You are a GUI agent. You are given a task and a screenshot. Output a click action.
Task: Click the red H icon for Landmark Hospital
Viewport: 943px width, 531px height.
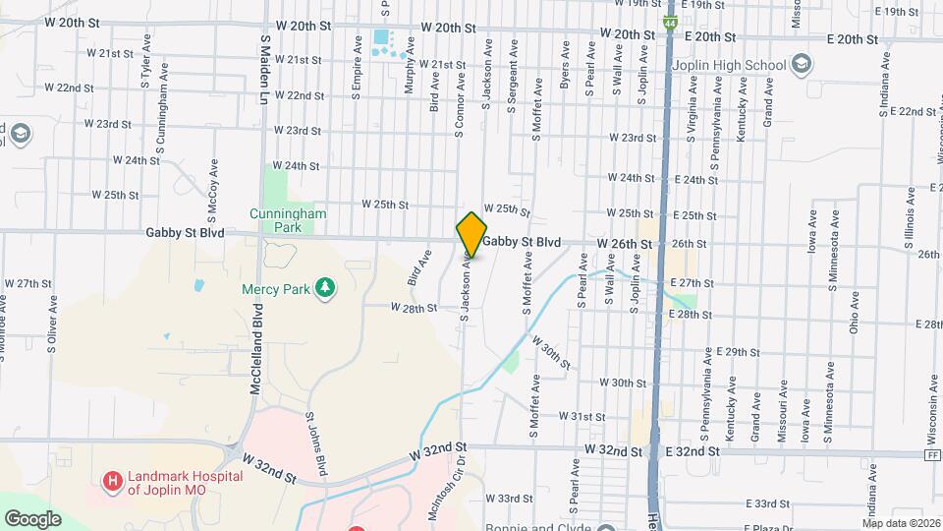[x=113, y=482]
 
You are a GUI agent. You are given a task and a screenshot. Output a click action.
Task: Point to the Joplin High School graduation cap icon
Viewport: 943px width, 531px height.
[x=803, y=66]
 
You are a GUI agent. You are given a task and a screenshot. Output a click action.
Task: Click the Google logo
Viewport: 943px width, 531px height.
[x=33, y=518]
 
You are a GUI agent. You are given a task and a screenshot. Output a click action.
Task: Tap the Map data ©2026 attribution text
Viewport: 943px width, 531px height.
[x=901, y=523]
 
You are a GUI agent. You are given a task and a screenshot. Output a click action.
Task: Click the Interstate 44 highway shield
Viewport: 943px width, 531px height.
[x=669, y=22]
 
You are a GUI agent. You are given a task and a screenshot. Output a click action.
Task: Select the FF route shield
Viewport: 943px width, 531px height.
[x=930, y=455]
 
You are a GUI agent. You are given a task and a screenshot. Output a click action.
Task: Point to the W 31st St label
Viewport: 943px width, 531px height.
[x=582, y=417]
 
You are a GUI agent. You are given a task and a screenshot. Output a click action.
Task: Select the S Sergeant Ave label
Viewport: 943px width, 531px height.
[x=512, y=77]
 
